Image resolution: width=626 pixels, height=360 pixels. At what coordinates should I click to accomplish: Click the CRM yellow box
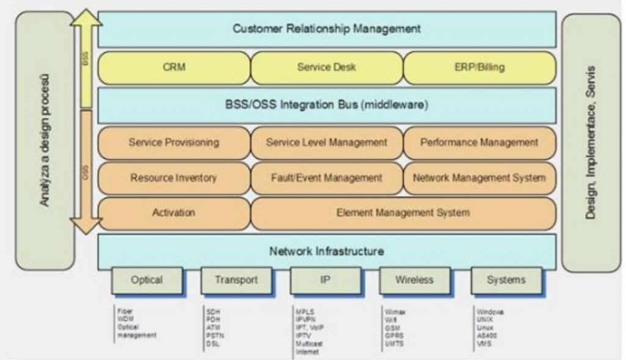[x=174, y=67]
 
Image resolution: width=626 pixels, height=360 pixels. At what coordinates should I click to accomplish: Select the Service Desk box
[x=326, y=67]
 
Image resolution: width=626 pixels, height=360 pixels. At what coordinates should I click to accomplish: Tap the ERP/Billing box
[x=479, y=67]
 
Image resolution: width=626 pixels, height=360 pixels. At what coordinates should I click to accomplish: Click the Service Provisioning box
[x=174, y=142]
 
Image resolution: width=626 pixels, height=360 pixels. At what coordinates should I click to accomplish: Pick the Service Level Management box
[x=326, y=142]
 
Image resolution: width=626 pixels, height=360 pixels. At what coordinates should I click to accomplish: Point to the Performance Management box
[x=479, y=142]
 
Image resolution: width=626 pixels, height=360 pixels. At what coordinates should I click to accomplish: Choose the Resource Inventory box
[x=174, y=178]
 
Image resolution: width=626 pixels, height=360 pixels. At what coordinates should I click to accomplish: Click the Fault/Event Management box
[x=326, y=178]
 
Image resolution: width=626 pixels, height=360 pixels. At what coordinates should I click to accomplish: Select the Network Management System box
[x=479, y=178]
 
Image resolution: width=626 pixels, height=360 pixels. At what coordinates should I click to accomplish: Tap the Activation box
[x=174, y=213]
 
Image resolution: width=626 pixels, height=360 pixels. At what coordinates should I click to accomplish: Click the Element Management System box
[x=403, y=213]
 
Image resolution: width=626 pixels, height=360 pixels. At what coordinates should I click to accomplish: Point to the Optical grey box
[x=147, y=280]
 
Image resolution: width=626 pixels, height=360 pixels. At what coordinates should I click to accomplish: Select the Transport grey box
[x=236, y=280]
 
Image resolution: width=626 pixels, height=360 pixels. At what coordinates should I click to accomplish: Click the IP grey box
[x=325, y=280]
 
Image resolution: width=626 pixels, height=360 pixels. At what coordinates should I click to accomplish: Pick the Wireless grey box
[x=414, y=280]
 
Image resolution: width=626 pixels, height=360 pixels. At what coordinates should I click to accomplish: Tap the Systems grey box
[x=506, y=280]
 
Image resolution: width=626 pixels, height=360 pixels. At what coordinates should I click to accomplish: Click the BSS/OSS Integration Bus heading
[x=326, y=105]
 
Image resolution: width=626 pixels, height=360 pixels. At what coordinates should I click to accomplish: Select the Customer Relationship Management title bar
[x=326, y=29]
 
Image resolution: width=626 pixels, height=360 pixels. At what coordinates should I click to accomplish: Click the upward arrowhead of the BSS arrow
[x=86, y=17]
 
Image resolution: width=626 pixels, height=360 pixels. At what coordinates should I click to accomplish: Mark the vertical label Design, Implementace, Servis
[x=590, y=142]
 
